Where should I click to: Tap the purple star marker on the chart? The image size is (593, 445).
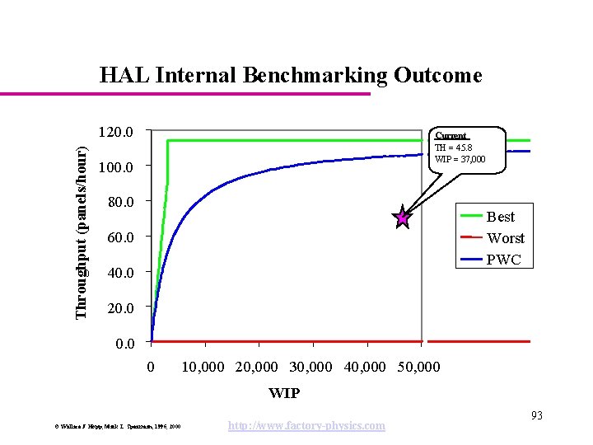[x=402, y=218]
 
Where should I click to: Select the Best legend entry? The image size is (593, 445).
[x=500, y=217]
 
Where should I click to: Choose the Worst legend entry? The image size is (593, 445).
[x=505, y=238]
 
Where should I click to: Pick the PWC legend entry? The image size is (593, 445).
[x=503, y=259]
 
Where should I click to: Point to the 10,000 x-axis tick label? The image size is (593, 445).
[x=202, y=366]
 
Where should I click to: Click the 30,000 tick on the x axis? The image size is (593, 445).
[x=310, y=366]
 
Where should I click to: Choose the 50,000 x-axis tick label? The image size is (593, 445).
[x=418, y=366]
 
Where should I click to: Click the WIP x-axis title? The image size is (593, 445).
[x=284, y=393]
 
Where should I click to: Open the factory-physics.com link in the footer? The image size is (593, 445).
[x=306, y=425]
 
